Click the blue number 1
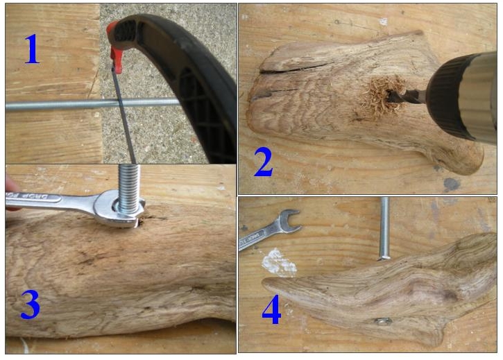tap(32, 49)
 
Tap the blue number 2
tap(263, 163)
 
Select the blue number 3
tap(30, 305)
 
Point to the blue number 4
tap(271, 310)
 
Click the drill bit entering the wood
tap(406, 95)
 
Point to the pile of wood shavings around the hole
tap(380, 97)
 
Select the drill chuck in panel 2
tap(462, 96)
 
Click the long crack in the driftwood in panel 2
tap(295, 68)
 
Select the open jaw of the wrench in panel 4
tap(289, 220)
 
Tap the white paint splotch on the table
tap(278, 262)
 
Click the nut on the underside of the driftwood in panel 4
tap(384, 321)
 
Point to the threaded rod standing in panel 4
tap(385, 228)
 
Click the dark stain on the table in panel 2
tap(452, 185)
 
